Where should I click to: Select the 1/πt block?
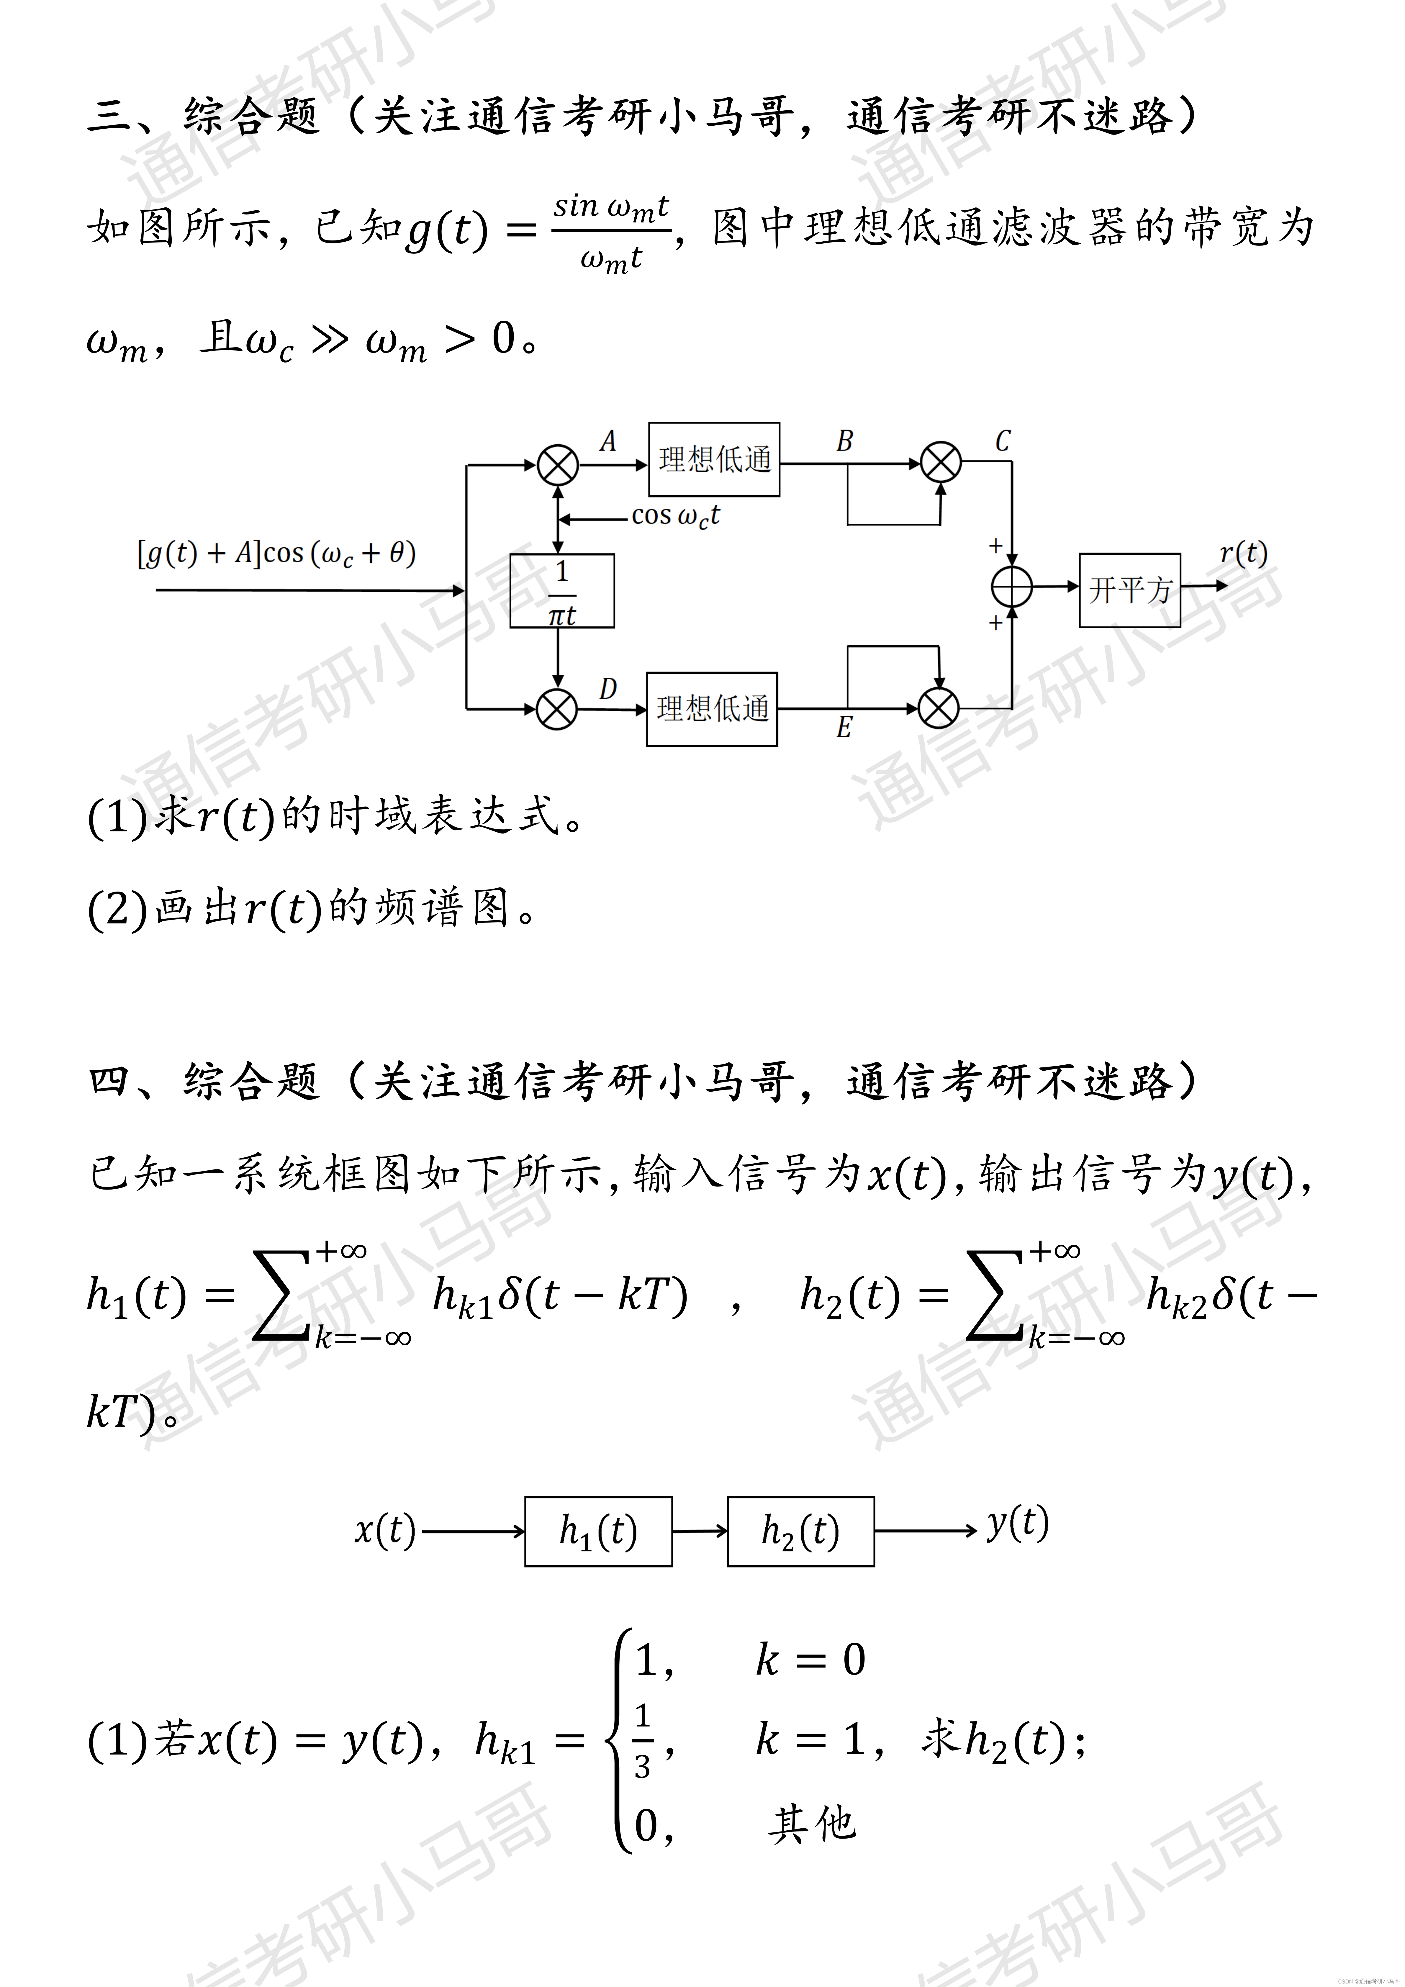[562, 591]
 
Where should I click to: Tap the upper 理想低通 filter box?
[714, 460]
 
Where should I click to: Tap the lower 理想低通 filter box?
[712, 709]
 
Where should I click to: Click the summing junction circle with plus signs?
[1011, 588]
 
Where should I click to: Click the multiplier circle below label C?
[940, 462]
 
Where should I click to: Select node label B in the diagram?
[844, 441]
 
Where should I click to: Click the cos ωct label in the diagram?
[675, 516]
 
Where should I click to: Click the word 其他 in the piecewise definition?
[811, 1824]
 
